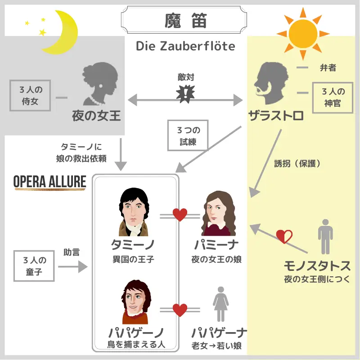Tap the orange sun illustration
click(303, 34)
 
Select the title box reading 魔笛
click(184, 20)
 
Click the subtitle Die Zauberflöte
click(185, 46)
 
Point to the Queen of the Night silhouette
click(100, 84)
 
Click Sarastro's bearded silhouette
click(271, 83)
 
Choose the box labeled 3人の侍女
click(30, 95)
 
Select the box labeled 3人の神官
click(333, 98)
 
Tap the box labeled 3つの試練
click(188, 135)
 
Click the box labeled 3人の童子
click(34, 266)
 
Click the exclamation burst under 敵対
click(185, 94)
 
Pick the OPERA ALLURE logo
click(50, 182)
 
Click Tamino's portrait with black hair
click(134, 212)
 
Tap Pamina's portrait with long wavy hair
click(219, 213)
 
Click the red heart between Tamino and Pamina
click(180, 215)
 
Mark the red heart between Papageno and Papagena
click(180, 310)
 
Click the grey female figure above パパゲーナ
click(220, 304)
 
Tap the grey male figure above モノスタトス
click(325, 237)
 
